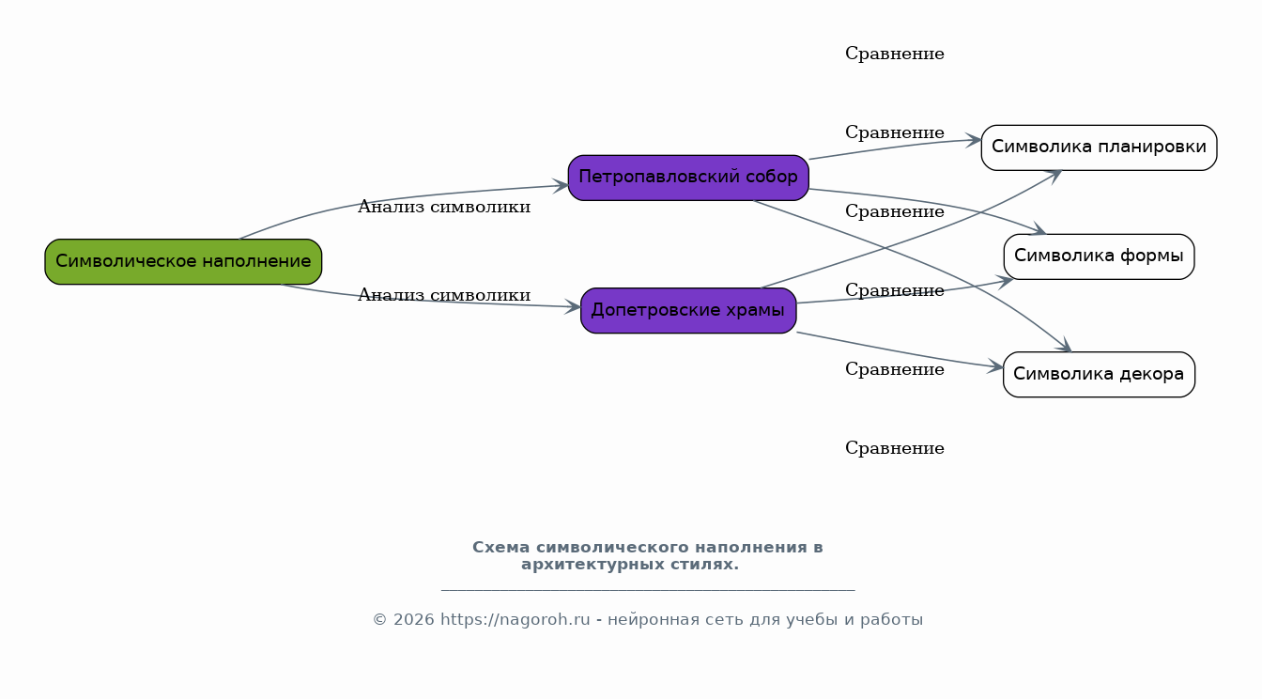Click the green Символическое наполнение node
(183, 261)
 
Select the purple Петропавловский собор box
(688, 178)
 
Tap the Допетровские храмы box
(688, 311)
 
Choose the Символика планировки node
(1099, 148)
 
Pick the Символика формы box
(1099, 256)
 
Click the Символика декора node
(1099, 374)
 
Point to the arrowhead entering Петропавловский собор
(562, 185)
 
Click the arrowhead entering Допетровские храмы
(573, 306)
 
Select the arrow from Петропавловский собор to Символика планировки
(895, 147)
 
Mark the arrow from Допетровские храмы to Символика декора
(900, 352)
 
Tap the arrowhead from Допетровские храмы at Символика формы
(1006, 281)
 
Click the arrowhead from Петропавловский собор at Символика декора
(1064, 345)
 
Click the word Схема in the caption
(500, 548)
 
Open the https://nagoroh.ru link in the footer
(515, 619)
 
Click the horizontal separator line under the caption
(648, 590)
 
